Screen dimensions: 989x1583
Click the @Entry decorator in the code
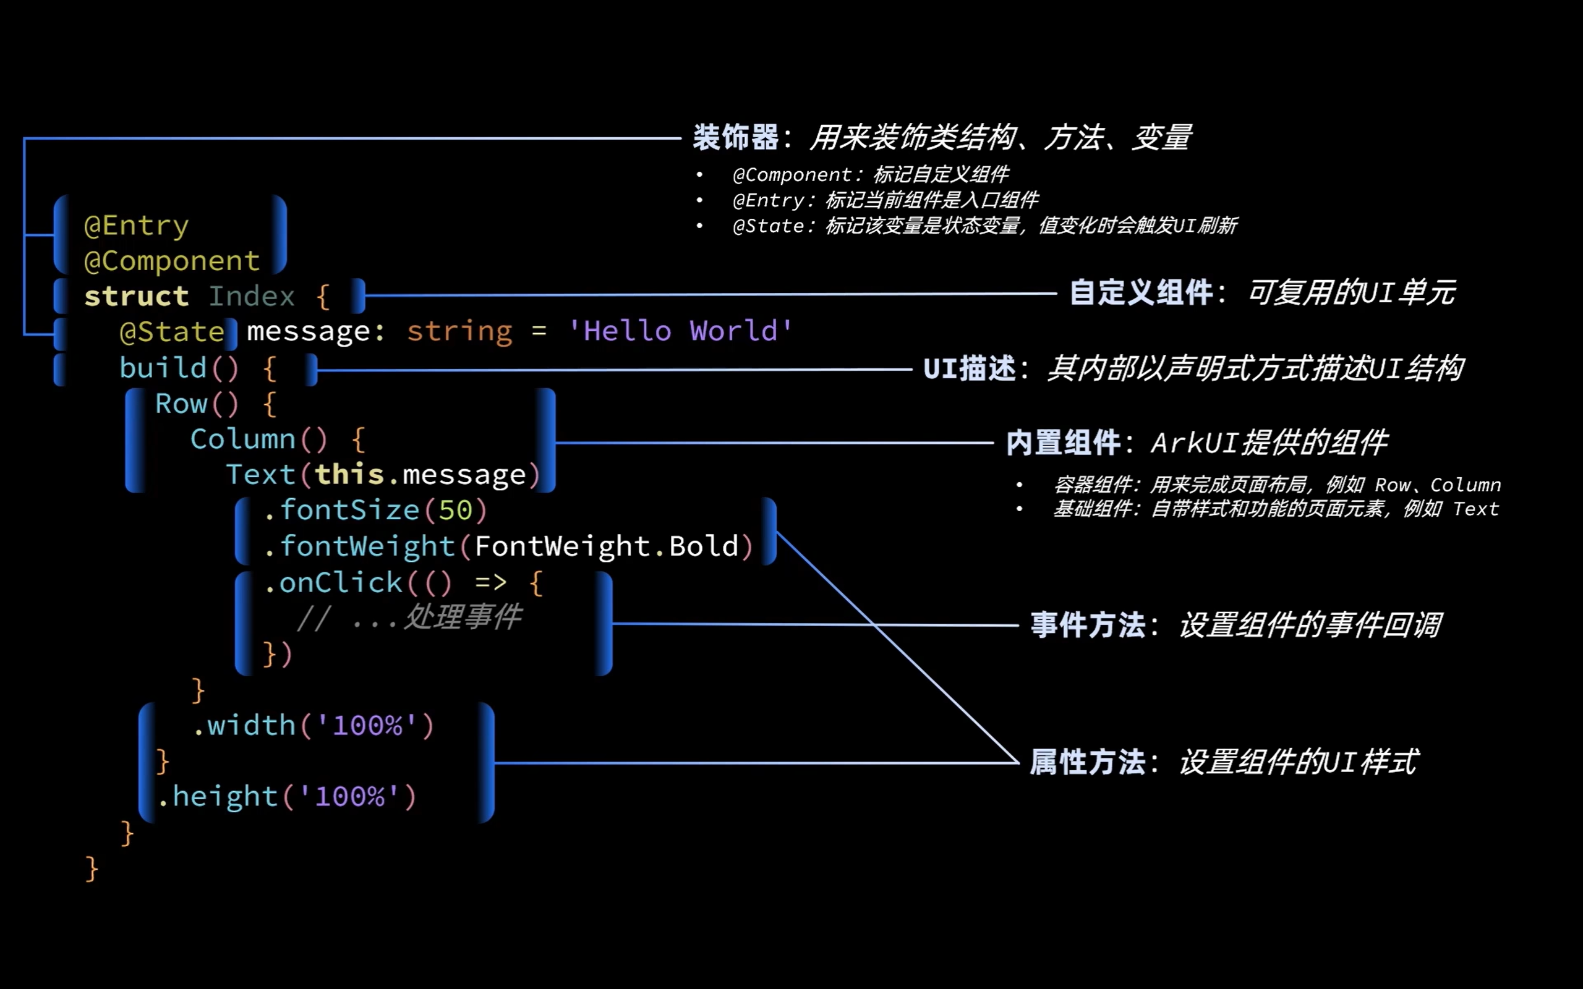[136, 226]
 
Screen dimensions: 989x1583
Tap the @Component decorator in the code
[171, 261]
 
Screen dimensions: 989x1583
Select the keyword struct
[136, 297]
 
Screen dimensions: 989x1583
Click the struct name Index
[252, 297]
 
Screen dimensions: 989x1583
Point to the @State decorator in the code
[172, 333]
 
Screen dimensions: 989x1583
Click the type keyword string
[459, 332]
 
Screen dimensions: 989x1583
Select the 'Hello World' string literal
[680, 332]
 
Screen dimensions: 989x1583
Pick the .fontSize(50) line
[375, 511]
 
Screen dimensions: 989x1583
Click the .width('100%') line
[314, 726]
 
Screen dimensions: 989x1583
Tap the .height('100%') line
[286, 797]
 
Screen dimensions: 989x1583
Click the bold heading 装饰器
[735, 138]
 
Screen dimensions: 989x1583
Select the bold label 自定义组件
[1141, 292]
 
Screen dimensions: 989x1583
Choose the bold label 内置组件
[1063, 443]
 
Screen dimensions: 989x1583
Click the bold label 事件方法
[1087, 626]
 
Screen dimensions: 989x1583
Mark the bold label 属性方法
[1087, 763]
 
